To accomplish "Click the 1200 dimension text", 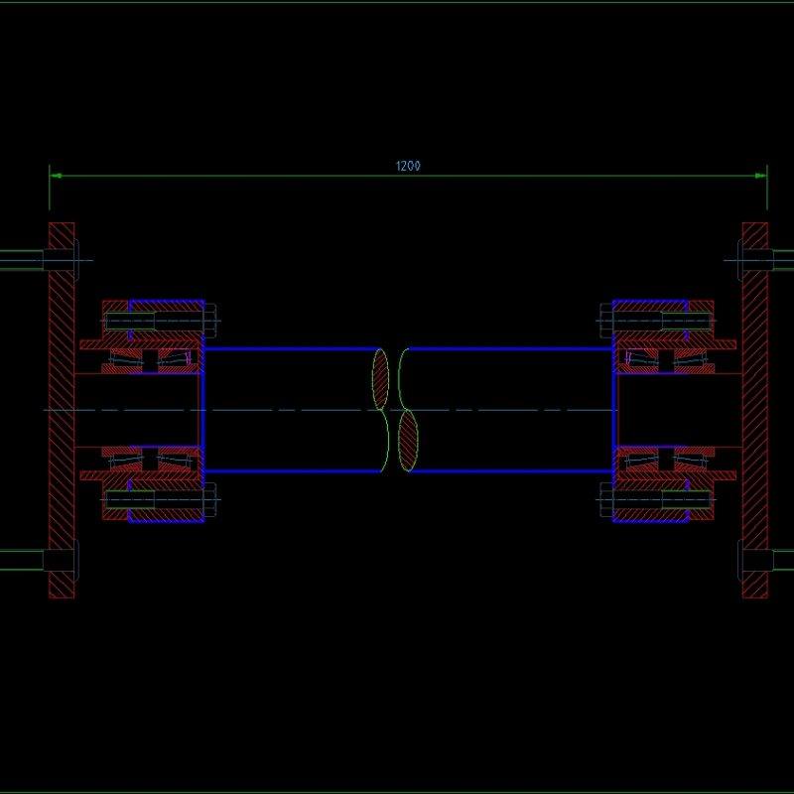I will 408,167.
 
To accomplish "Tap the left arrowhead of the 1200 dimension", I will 56,177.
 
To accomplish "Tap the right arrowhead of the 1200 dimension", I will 760,177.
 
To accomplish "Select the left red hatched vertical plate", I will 62,409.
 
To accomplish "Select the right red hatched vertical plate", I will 754,409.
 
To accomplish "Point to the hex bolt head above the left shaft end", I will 209,322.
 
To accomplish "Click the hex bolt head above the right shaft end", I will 605,322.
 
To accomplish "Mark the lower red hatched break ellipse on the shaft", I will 408,443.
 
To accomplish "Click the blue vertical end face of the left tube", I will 202,409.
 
